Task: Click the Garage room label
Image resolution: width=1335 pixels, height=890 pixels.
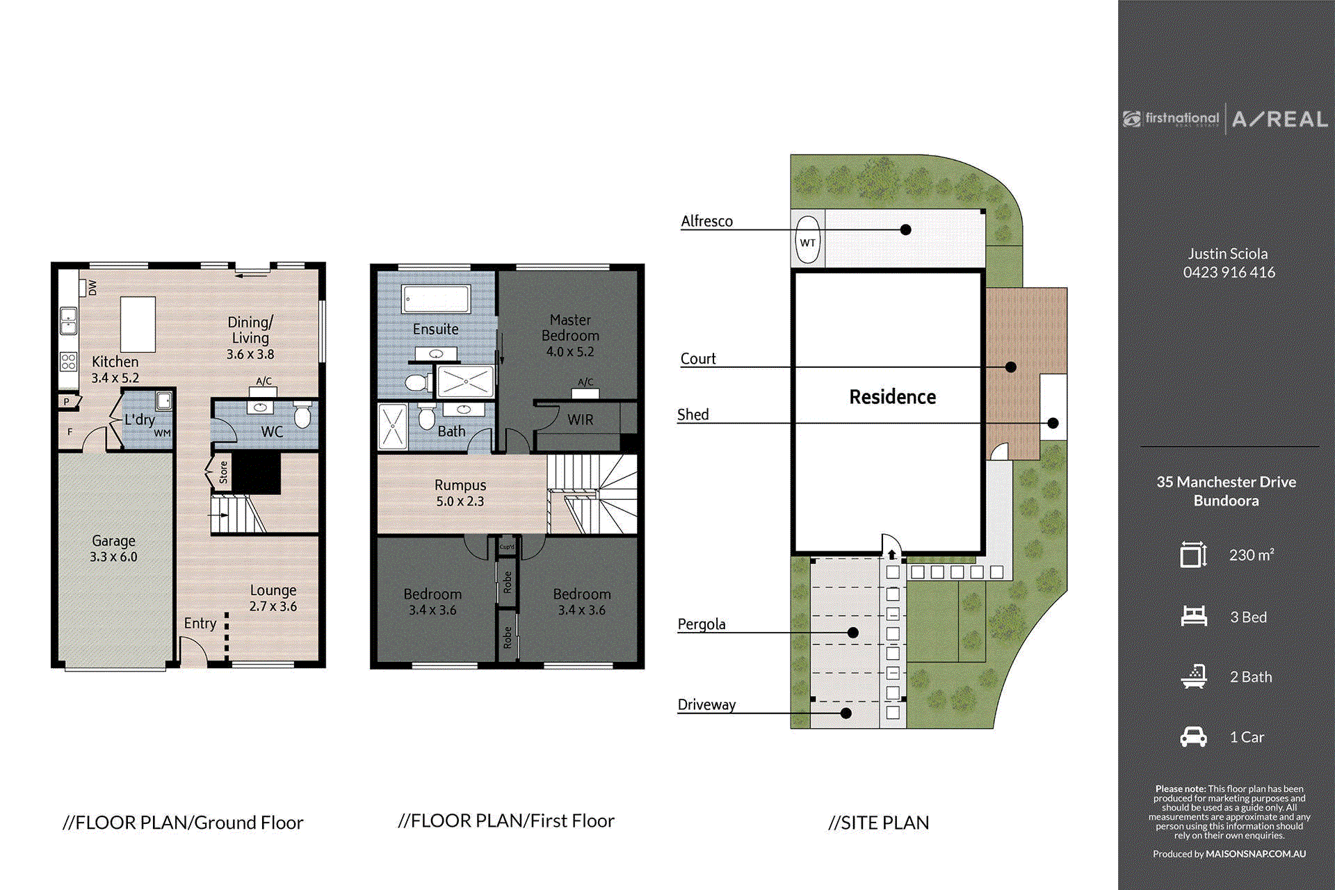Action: tap(113, 541)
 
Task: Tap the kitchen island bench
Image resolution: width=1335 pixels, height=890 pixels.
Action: tap(138, 325)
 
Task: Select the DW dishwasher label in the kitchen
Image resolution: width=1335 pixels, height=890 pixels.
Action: tap(92, 287)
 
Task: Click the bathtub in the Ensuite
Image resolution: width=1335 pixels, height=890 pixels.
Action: tap(436, 300)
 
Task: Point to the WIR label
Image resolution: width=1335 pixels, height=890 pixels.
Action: tap(581, 420)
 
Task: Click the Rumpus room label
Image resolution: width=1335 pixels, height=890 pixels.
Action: tap(460, 485)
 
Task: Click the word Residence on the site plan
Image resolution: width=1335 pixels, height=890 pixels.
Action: tap(892, 397)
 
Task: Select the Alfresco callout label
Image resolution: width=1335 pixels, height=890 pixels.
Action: tap(706, 221)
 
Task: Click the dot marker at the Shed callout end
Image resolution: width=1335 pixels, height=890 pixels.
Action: tap(1053, 423)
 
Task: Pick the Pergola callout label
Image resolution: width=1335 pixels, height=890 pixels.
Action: tap(702, 624)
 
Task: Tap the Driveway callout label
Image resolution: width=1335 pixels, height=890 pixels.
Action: tap(706, 704)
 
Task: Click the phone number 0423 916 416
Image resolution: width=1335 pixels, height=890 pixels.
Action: tap(1229, 273)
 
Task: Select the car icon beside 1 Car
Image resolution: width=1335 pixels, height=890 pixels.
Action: tap(1193, 737)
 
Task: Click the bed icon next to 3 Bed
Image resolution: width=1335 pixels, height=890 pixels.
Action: tap(1194, 617)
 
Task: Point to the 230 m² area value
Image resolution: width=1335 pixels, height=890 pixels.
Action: tap(1252, 555)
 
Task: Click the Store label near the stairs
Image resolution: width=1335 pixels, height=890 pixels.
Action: tap(223, 472)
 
